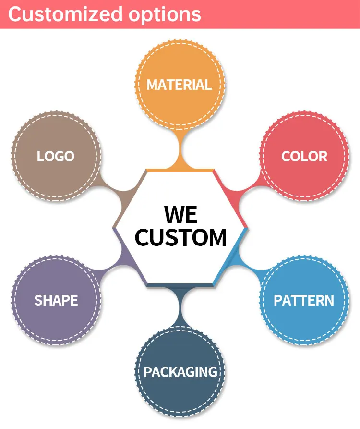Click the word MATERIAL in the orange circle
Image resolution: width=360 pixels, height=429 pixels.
(179, 85)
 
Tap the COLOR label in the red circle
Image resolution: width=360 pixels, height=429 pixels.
(304, 156)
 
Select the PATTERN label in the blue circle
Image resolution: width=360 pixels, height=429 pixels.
(304, 300)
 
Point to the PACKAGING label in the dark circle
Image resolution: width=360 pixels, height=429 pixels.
(180, 372)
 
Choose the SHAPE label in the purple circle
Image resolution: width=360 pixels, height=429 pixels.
(56, 300)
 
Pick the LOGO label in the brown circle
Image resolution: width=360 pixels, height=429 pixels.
(56, 156)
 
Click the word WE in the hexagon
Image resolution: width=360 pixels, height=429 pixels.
(180, 214)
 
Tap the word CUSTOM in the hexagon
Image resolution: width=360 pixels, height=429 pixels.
(180, 237)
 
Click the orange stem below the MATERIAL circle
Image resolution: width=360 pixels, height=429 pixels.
(180, 149)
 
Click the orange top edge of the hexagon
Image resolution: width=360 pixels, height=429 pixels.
(180, 171)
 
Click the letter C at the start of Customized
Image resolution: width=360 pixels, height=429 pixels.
(15, 14)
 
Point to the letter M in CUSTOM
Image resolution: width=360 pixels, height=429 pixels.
(215, 237)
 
